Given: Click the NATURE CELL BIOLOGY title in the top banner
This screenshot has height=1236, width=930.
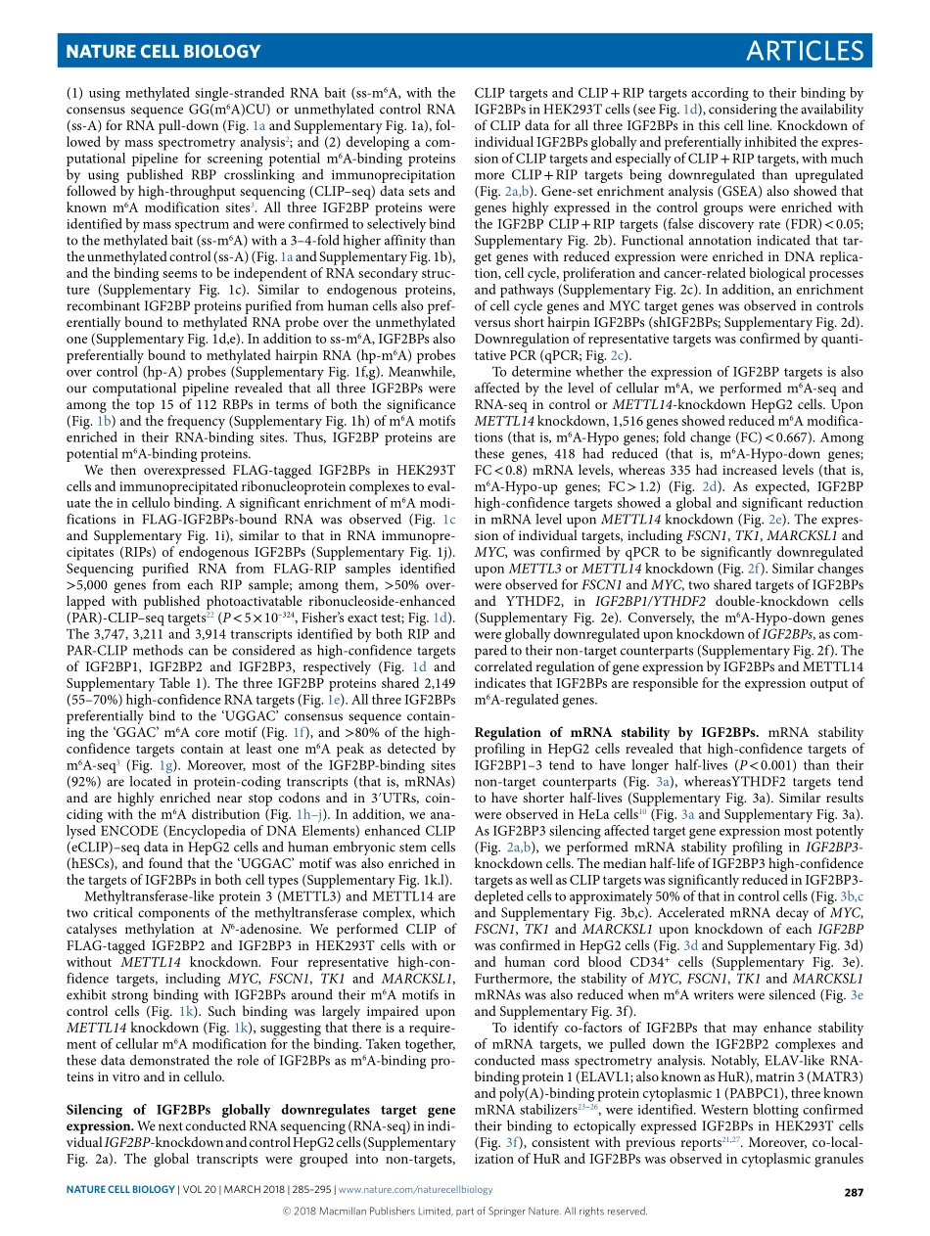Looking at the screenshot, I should (163, 52).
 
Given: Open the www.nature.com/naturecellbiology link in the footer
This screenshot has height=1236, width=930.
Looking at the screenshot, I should (415, 1189).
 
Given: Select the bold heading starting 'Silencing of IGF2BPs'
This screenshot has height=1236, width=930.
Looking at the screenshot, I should (259, 1111).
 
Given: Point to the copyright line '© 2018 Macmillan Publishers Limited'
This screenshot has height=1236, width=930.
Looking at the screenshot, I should (464, 1211).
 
